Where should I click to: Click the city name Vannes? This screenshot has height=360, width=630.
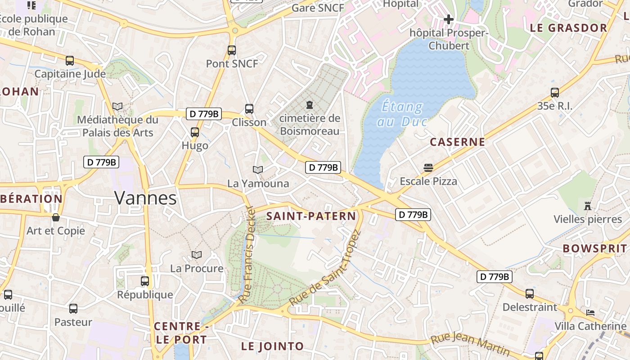[x=145, y=198]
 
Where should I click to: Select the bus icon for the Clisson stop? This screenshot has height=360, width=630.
[x=249, y=108]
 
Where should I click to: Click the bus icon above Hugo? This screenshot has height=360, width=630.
[x=194, y=132]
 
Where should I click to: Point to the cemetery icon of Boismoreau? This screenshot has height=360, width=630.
[x=310, y=105]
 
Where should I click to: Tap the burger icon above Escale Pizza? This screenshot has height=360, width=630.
[x=428, y=168]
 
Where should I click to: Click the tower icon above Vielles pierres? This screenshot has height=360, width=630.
[x=587, y=206]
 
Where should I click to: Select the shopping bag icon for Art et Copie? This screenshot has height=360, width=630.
[x=56, y=217]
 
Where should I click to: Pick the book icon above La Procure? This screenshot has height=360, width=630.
[x=196, y=255]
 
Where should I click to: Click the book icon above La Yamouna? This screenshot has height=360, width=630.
[x=257, y=170]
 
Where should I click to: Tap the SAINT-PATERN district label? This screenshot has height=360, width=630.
[x=311, y=216]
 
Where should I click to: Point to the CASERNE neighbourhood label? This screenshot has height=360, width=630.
[x=457, y=142]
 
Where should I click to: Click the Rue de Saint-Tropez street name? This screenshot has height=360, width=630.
[x=325, y=269]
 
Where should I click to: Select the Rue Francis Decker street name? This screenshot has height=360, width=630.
[x=248, y=255]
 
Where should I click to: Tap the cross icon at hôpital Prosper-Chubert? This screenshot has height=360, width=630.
[x=448, y=19]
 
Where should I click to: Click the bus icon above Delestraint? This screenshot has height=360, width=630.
[x=530, y=294]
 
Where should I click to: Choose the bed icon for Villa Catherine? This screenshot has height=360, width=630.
[x=590, y=312]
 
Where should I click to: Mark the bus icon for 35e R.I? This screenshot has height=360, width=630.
[x=554, y=93]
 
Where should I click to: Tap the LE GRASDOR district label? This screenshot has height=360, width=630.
[x=568, y=28]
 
